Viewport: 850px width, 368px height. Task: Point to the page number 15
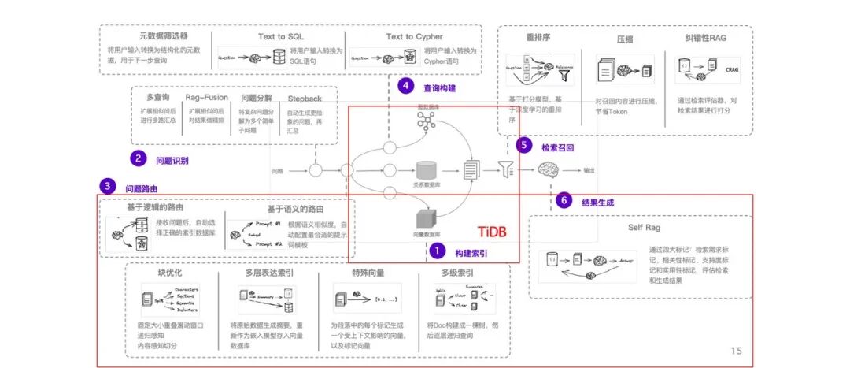click(736, 351)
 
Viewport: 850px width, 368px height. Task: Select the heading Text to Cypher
click(414, 36)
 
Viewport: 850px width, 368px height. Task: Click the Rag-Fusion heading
click(206, 98)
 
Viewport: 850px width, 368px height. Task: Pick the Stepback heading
click(305, 99)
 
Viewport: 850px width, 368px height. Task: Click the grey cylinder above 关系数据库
click(427, 169)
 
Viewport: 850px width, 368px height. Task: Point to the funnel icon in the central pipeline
click(506, 169)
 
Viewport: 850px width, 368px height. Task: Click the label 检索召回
click(560, 147)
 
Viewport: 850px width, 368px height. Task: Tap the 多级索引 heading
click(456, 273)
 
